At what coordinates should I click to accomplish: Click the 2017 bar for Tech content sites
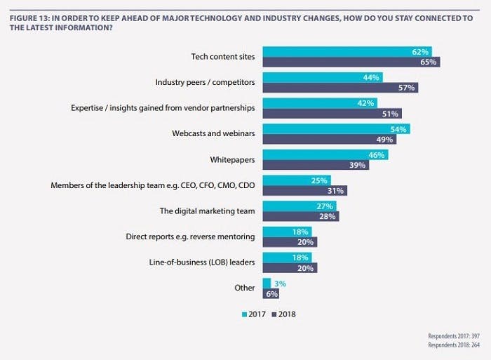click(347, 51)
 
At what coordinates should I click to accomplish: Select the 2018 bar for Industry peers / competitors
click(340, 88)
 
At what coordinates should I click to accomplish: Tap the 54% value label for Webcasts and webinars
click(398, 129)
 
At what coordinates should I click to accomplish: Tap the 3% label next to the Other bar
click(278, 283)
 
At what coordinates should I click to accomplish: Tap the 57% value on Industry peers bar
click(406, 88)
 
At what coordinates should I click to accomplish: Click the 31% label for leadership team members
click(335, 190)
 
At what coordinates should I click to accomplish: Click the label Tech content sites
click(222, 55)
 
